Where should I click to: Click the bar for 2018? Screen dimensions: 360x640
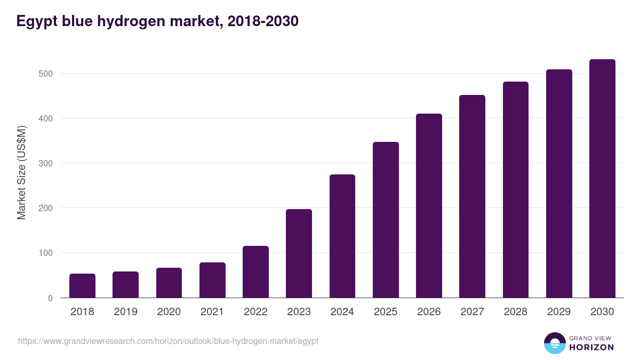[82, 286]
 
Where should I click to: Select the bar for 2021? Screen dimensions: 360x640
[212, 280]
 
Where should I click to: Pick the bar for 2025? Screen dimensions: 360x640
[386, 220]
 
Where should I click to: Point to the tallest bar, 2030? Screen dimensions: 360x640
[602, 179]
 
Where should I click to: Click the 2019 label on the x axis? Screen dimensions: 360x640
[125, 312]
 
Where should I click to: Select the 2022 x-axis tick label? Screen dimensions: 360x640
[255, 312]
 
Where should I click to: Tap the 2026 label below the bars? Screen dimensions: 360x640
[429, 312]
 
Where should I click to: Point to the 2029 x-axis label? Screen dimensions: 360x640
[559, 312]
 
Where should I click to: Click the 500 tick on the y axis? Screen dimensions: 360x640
[45, 74]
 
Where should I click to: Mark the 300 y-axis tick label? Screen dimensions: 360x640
[45, 163]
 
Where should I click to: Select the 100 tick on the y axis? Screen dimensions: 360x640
[45, 253]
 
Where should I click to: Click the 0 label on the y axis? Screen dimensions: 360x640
[50, 298]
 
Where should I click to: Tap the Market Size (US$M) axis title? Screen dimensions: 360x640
[21, 173]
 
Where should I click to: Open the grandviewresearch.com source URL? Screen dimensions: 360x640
[168, 341]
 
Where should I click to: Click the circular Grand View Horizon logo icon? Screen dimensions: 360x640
[554, 343]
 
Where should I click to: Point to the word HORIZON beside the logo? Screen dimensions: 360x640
[591, 347]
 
